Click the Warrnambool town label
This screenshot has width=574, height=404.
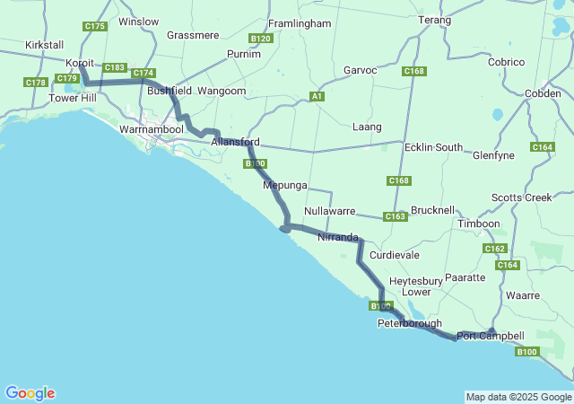coord(152,129)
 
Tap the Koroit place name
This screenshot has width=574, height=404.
coord(82,63)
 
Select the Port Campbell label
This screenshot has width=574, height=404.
coord(491,336)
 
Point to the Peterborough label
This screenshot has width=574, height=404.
coord(410,323)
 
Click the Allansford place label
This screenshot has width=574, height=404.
coord(236,142)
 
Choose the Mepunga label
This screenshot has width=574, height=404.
coord(285,186)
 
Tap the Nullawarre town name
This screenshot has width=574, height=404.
coord(330,211)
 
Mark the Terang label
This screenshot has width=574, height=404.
coord(434,20)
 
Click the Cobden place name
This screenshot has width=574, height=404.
coord(544,93)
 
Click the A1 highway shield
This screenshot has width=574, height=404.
coord(317,96)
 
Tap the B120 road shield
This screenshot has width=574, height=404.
coord(261,39)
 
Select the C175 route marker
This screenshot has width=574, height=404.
coord(95,27)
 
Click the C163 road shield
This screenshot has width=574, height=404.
coord(396,216)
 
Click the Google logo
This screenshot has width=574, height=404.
coord(30,392)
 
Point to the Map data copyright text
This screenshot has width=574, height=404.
coord(518,397)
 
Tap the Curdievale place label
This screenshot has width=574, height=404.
coord(395,254)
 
